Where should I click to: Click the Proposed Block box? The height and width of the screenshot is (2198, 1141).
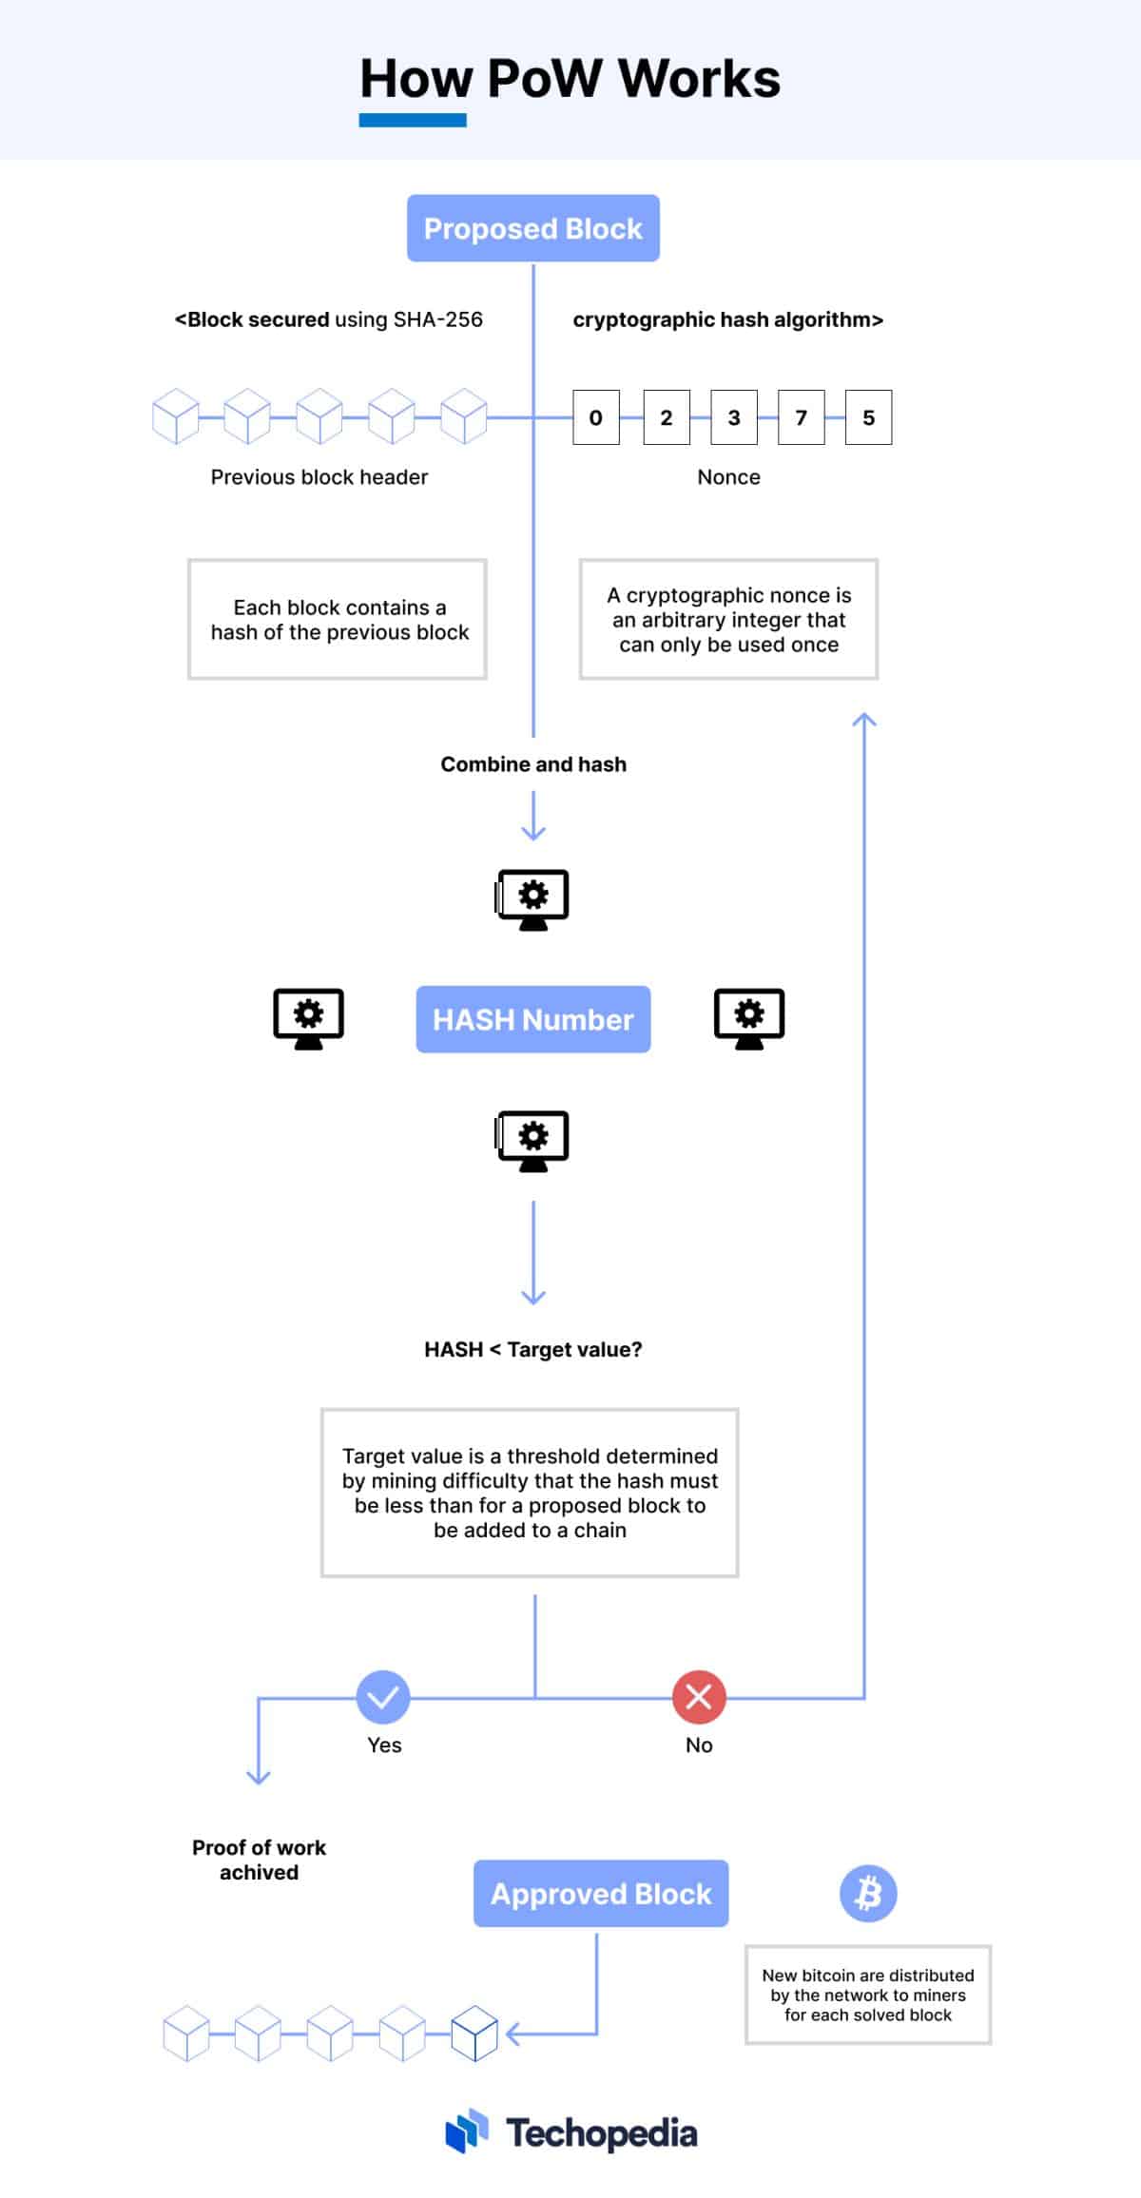[x=532, y=228]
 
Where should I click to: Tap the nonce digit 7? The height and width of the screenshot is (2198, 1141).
[x=801, y=417]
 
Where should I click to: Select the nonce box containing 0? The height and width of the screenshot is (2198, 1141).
[x=596, y=417]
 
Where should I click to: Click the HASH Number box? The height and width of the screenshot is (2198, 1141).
[x=532, y=1019]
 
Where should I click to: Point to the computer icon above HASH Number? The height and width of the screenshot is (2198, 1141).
[x=532, y=898]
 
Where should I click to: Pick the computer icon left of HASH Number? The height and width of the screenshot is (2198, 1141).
[x=308, y=1018]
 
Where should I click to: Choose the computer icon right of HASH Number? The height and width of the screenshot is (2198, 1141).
[x=749, y=1018]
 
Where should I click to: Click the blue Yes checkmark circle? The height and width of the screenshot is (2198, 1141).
[x=383, y=1697]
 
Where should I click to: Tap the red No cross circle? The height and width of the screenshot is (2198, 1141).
[x=699, y=1697]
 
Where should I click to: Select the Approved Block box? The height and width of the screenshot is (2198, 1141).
[x=601, y=1894]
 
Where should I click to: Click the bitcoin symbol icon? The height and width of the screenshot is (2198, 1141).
[x=868, y=1893]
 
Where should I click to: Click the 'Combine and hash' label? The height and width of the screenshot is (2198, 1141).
[x=533, y=764]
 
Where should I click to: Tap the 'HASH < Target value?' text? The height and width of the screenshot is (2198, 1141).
[x=533, y=1350]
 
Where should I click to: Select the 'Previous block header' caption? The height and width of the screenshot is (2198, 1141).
[x=319, y=477]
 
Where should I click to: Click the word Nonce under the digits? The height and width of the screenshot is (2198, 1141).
[x=728, y=477]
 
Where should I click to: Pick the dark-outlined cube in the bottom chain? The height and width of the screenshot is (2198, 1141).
[x=474, y=2034]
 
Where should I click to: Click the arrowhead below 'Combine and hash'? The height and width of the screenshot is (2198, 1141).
[x=533, y=834]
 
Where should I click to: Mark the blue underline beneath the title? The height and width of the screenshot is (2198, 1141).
[x=413, y=121]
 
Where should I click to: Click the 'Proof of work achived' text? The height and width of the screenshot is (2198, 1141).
[x=259, y=1860]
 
